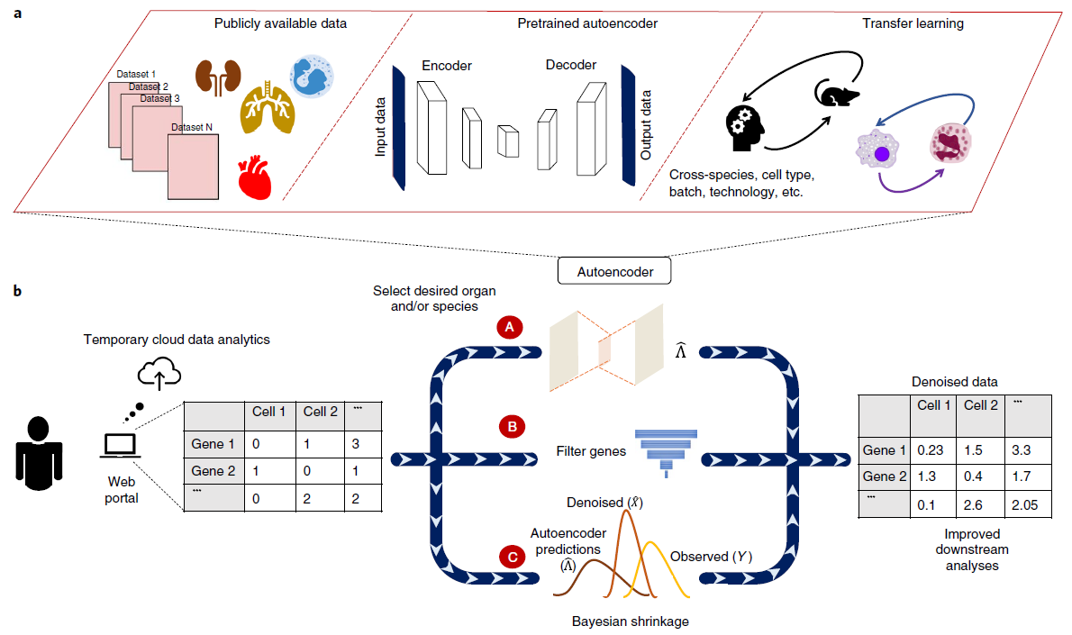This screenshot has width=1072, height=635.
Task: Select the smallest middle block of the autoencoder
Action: coord(509,141)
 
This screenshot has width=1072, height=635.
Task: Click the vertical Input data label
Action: coord(381,126)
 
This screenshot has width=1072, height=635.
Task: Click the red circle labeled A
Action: coord(510,328)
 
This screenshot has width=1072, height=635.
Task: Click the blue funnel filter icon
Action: coord(666,449)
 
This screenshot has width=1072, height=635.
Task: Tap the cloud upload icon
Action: coord(159,373)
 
